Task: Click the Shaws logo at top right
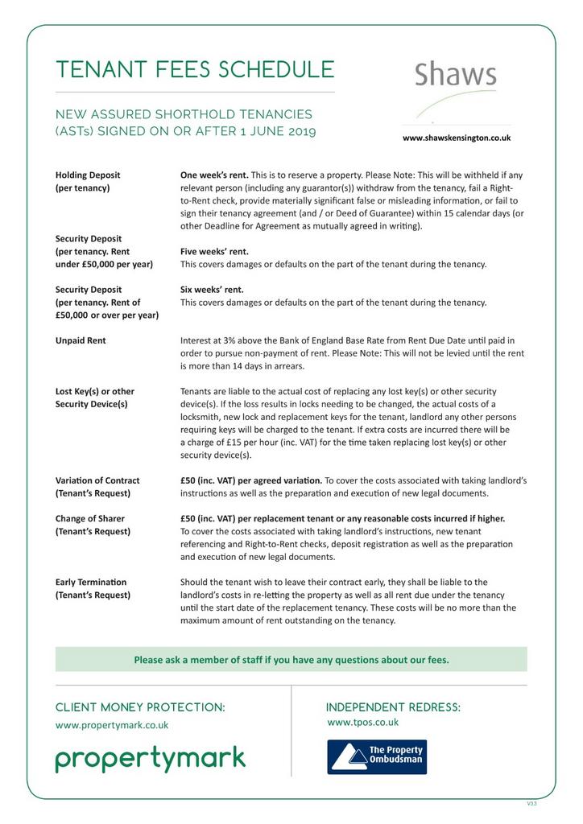point(456,76)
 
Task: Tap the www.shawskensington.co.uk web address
point(456,138)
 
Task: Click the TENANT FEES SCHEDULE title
point(195,69)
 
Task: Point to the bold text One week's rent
point(213,175)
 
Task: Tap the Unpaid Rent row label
point(81,340)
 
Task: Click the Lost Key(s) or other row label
point(94,391)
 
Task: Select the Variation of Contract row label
point(97,480)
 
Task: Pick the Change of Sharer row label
point(89,518)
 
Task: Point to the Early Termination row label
point(91,582)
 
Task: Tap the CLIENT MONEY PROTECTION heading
point(140,707)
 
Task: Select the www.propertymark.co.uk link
point(112,725)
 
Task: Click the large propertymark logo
point(151,758)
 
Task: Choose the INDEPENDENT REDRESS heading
point(393,707)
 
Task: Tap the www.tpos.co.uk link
point(362,723)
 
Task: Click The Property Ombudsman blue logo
point(376,756)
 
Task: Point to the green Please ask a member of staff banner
point(291,660)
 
